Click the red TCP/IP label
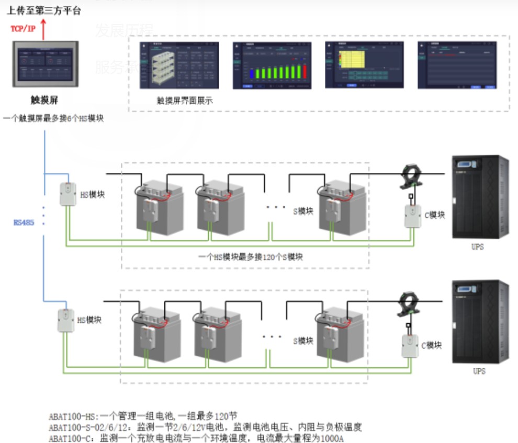pos(23,28)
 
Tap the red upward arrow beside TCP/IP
pos(43,29)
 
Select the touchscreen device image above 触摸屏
pos(46,64)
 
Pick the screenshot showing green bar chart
pos(272,66)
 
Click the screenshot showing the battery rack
pos(179,66)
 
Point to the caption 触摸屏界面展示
pos(184,100)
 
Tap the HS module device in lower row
pos(65,320)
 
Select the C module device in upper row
pos(412,217)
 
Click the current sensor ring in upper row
pos(411,176)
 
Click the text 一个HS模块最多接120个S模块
pos(251,257)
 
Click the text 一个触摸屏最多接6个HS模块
pos(53,119)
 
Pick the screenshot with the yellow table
pos(365,66)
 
